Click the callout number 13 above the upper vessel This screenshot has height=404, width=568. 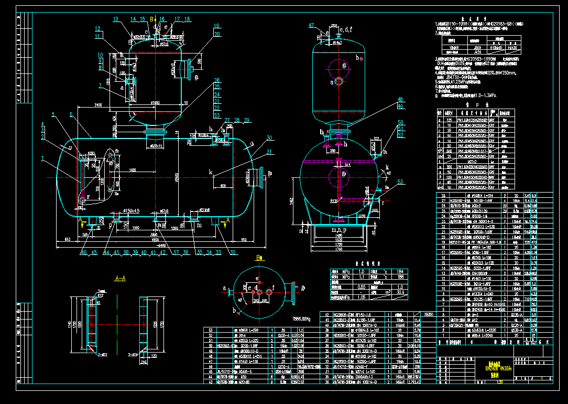116,19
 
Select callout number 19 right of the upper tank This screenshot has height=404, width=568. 216,25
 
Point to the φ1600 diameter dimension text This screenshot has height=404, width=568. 156,103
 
